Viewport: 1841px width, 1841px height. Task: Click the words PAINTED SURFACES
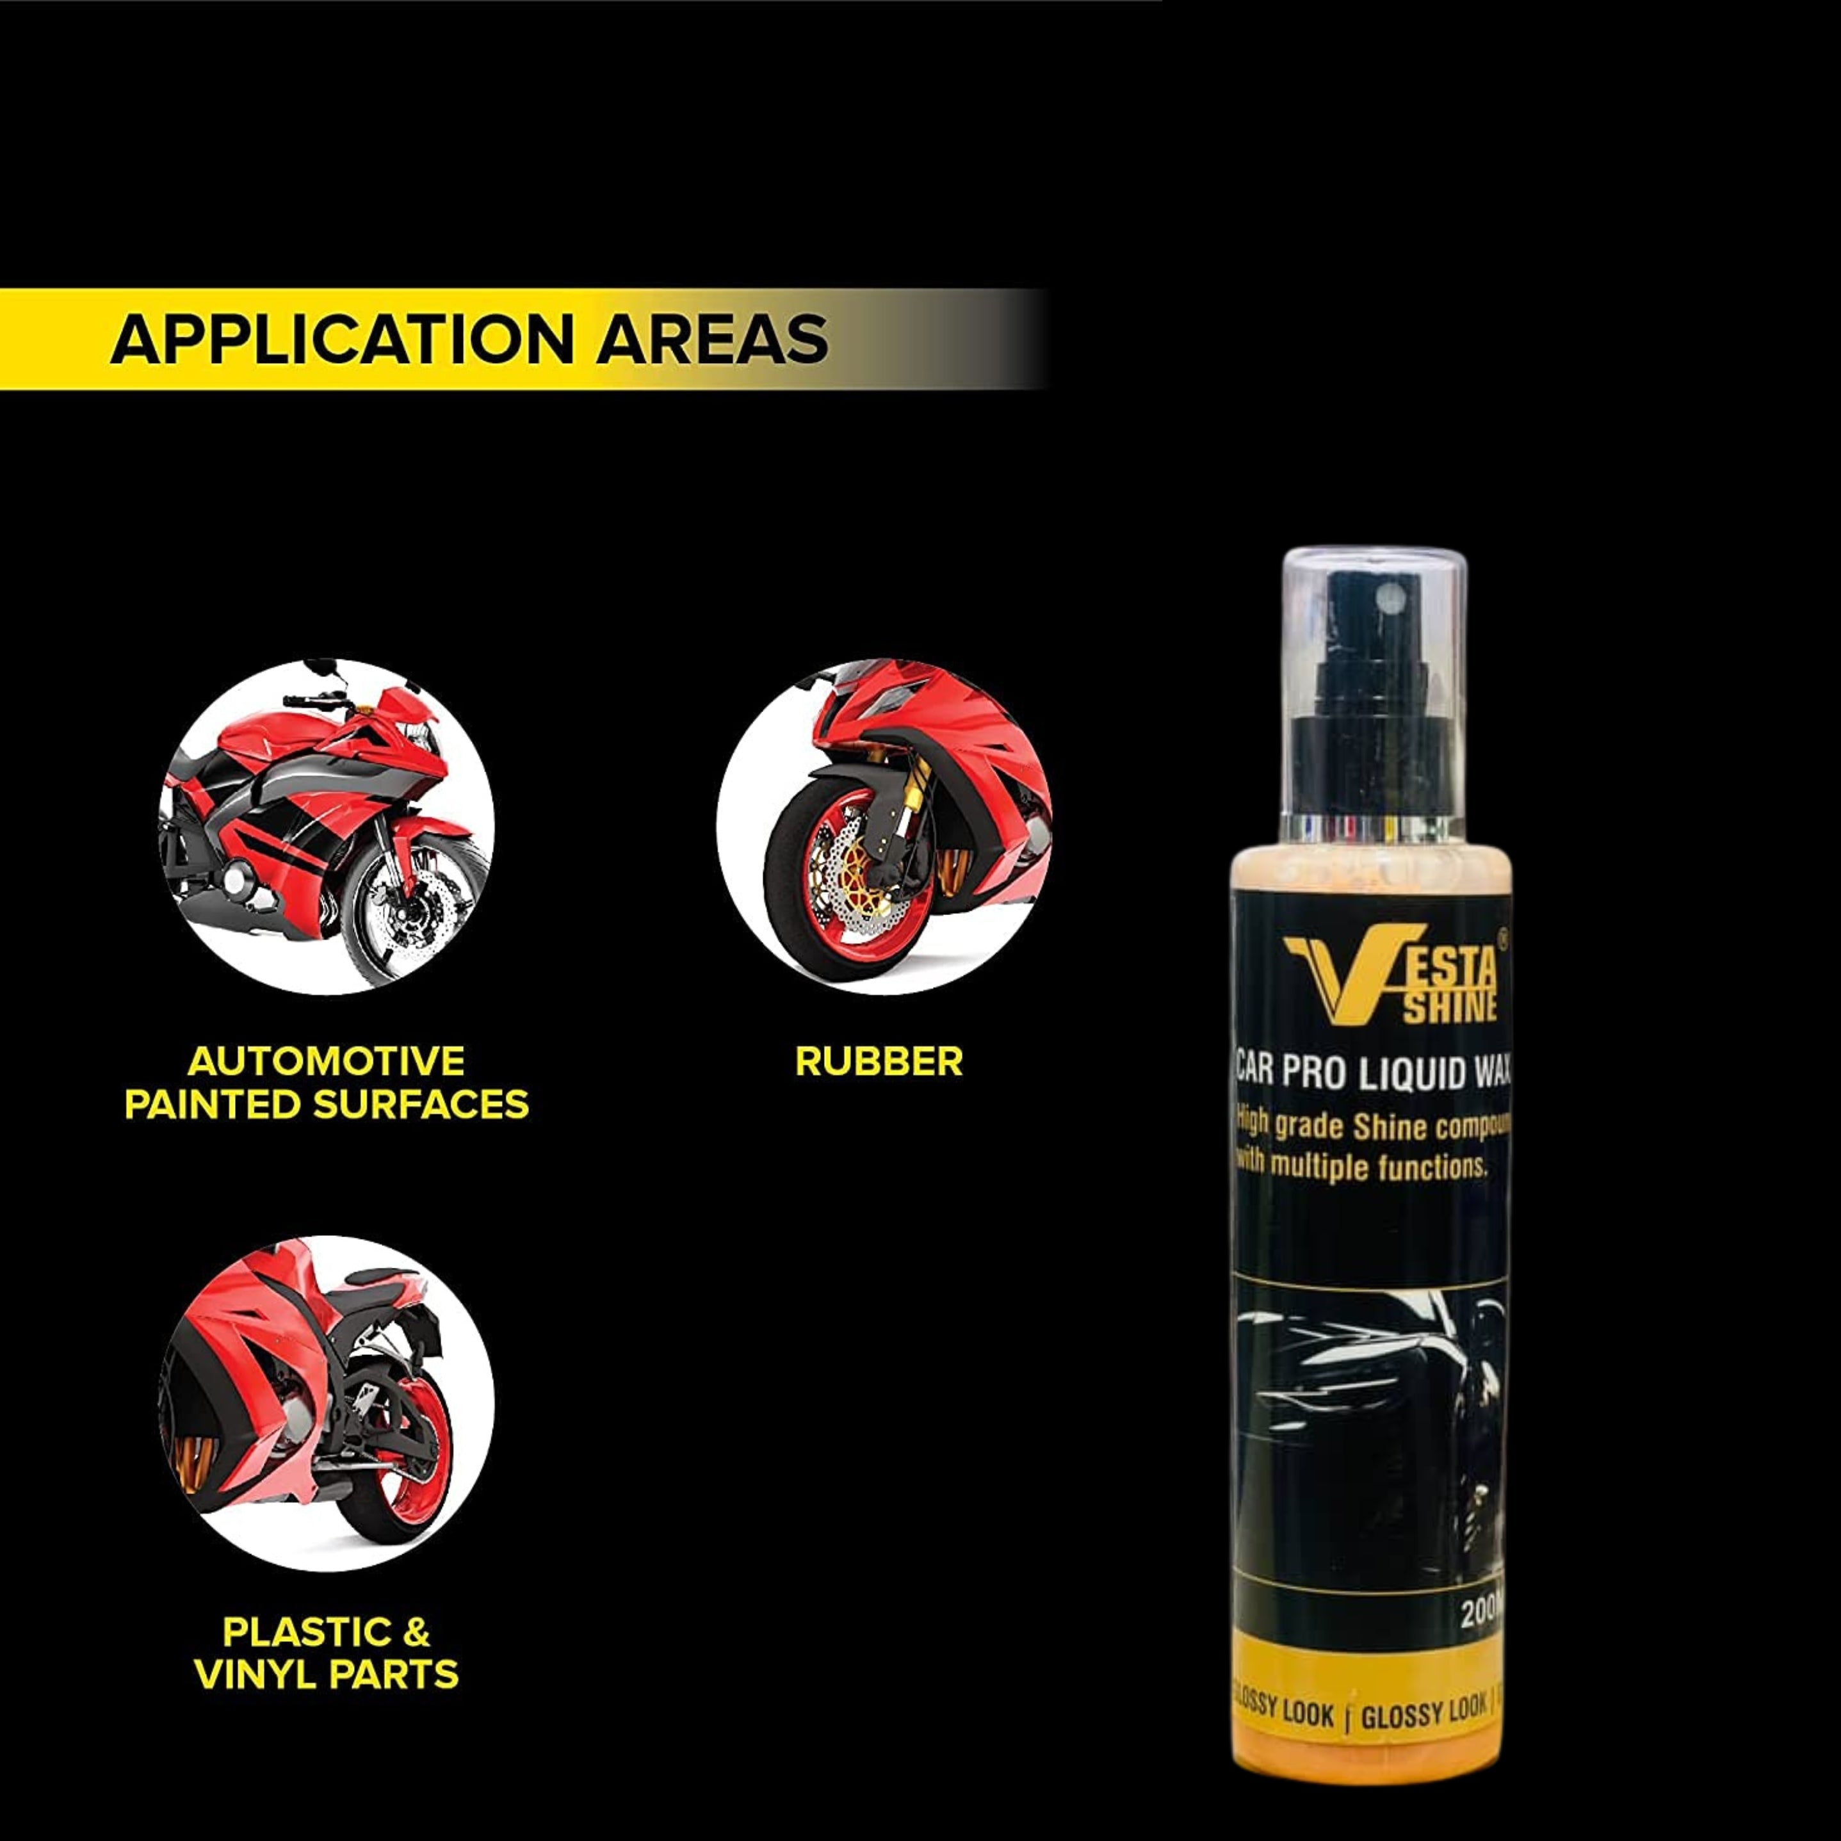pyautogui.click(x=326, y=1105)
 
